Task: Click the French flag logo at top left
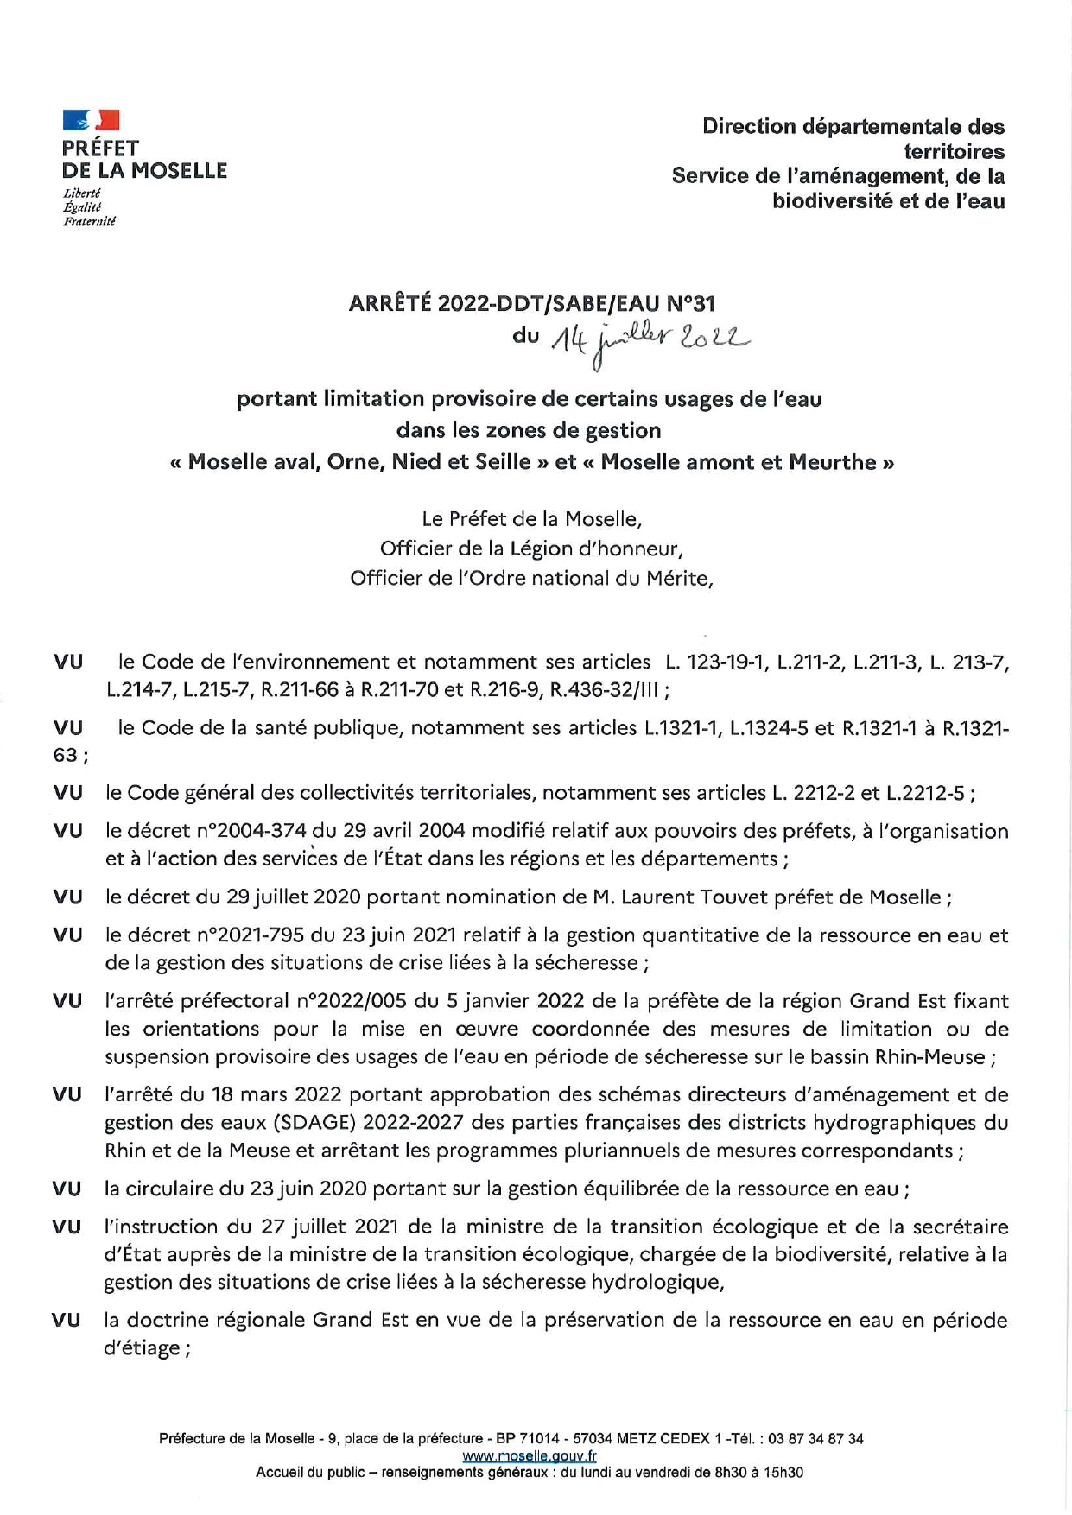[91, 120]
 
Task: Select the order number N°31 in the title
[690, 303]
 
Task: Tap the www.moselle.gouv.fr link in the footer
[530, 1455]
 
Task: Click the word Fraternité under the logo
[89, 222]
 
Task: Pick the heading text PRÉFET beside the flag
[100, 149]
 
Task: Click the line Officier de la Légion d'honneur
[531, 548]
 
